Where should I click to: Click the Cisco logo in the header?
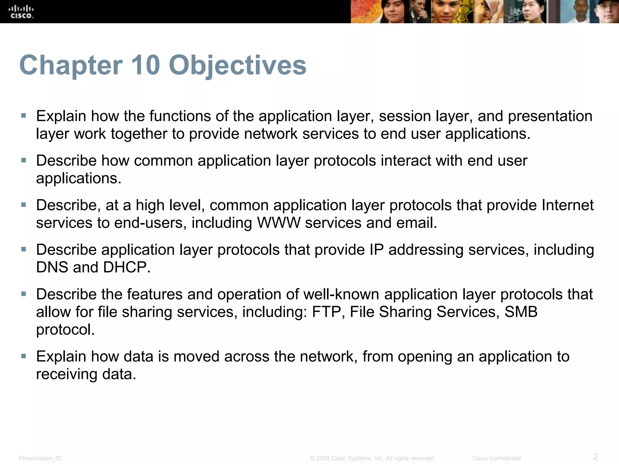pos(21,11)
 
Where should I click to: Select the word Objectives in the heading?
pos(238,66)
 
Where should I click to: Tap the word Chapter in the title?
pos(71,66)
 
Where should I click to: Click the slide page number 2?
pos(595,456)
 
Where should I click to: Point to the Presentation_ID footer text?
pos(40,458)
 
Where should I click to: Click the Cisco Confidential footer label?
pos(496,458)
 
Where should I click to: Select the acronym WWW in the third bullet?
pos(279,223)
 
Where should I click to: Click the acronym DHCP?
pos(126,267)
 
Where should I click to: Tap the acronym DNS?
pos(52,267)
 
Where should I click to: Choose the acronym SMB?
pos(521,312)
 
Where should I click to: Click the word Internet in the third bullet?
pos(567,205)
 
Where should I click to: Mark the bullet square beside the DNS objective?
pos(24,249)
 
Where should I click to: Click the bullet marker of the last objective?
pos(24,356)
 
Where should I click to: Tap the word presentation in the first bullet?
pos(550,116)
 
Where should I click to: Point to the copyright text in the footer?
pos(372,458)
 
